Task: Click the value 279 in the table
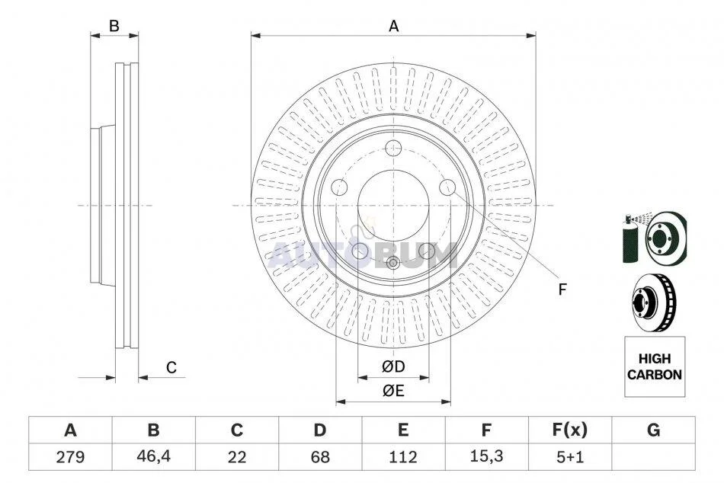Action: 70,457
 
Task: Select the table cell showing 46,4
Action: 153,456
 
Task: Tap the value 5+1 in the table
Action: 570,457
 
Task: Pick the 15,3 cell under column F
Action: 486,456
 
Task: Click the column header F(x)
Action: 570,430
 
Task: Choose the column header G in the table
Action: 653,430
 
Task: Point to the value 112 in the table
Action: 403,457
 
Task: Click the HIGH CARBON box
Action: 655,366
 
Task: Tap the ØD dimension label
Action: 393,366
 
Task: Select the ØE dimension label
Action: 393,391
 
